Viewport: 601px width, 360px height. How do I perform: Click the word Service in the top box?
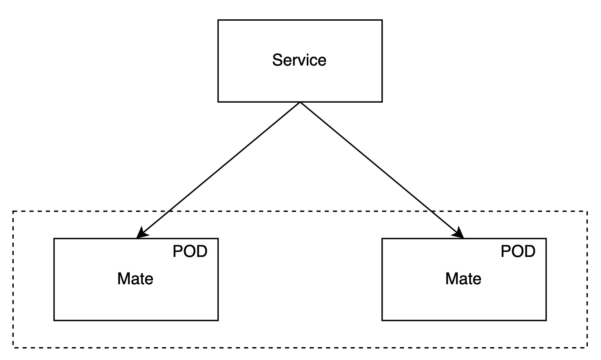click(x=299, y=60)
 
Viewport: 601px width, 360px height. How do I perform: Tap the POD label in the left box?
click(x=190, y=252)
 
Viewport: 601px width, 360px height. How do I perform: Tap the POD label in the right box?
click(x=518, y=252)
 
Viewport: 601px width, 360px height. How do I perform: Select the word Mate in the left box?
click(x=135, y=279)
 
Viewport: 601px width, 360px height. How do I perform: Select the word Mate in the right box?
click(x=463, y=279)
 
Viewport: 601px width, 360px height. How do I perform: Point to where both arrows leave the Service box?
click(x=300, y=102)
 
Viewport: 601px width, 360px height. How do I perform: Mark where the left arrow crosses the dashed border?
click(x=169, y=211)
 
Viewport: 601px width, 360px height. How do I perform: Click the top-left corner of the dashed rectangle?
click(x=13, y=211)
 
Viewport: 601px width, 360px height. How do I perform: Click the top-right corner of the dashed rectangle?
click(x=587, y=211)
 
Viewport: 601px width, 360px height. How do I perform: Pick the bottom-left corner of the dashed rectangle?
click(x=13, y=347)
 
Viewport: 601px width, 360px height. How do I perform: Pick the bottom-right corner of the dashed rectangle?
click(x=587, y=347)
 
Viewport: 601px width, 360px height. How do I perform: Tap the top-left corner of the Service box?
click(x=218, y=20)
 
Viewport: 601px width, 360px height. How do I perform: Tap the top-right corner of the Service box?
click(x=382, y=20)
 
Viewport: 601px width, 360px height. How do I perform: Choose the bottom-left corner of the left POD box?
click(x=54, y=320)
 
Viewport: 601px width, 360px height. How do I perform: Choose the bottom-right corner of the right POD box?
click(x=546, y=320)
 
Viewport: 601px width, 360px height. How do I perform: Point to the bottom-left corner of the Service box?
click(x=218, y=102)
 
